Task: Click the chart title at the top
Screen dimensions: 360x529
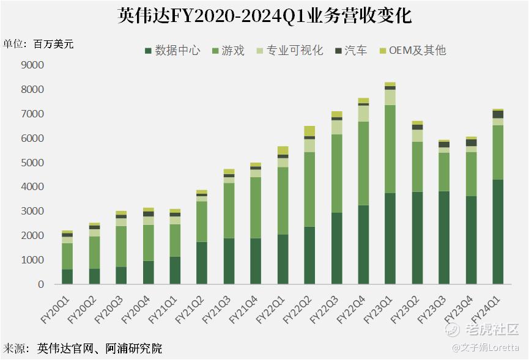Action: [x=264, y=16]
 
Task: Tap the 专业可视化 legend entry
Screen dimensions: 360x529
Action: [x=291, y=51]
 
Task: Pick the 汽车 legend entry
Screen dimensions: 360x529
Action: [x=350, y=51]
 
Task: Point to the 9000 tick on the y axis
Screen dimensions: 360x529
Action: [x=32, y=65]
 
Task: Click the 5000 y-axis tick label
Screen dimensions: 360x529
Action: [x=32, y=163]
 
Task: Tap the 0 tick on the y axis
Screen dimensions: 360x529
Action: [x=40, y=284]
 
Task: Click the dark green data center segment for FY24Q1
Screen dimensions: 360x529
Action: [x=498, y=232]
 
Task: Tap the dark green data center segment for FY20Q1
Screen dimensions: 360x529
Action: [x=67, y=277]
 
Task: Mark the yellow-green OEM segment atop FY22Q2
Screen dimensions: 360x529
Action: [x=309, y=131]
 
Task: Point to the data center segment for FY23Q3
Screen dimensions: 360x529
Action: [x=444, y=238]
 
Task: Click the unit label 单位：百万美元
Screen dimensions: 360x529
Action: [x=39, y=44]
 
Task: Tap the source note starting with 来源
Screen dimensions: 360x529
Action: [x=83, y=349]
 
